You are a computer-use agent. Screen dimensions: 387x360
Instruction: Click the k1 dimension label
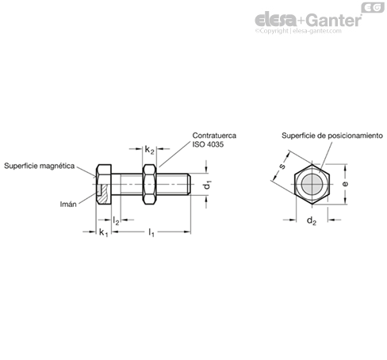point(103,233)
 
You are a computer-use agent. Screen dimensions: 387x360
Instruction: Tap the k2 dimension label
point(149,150)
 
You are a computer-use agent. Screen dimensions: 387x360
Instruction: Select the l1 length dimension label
point(151,233)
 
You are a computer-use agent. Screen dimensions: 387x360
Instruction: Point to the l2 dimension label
point(116,220)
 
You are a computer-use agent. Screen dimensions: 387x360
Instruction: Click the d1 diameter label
point(208,185)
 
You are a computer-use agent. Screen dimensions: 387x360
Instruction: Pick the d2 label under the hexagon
point(312,220)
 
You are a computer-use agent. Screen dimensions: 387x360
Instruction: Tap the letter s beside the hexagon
point(282,167)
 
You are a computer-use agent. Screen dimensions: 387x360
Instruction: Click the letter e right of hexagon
point(345,184)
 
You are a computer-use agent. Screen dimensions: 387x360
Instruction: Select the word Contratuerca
point(214,136)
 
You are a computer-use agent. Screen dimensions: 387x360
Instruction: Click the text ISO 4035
point(208,144)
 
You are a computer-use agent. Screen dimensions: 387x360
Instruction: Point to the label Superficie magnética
point(40,166)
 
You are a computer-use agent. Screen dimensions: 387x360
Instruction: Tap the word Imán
point(68,204)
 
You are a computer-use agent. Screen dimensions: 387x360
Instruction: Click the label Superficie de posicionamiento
point(332,136)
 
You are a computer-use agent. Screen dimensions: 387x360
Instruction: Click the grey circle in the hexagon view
point(312,184)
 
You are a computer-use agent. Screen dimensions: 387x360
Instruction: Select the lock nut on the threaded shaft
point(149,184)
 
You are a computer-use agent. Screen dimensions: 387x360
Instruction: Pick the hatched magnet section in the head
point(103,194)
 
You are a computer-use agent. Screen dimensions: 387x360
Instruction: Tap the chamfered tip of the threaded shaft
point(189,184)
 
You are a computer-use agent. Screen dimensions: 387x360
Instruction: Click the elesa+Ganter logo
point(308,20)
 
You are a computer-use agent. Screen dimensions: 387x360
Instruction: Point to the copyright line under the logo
point(298,31)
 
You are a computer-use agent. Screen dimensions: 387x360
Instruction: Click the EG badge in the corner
point(373,8)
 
